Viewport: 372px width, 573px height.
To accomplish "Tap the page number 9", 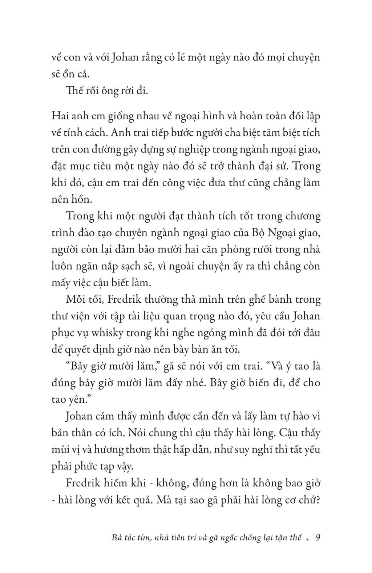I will (x=318, y=538).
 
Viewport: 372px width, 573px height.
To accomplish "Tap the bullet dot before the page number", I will (x=308, y=539).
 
